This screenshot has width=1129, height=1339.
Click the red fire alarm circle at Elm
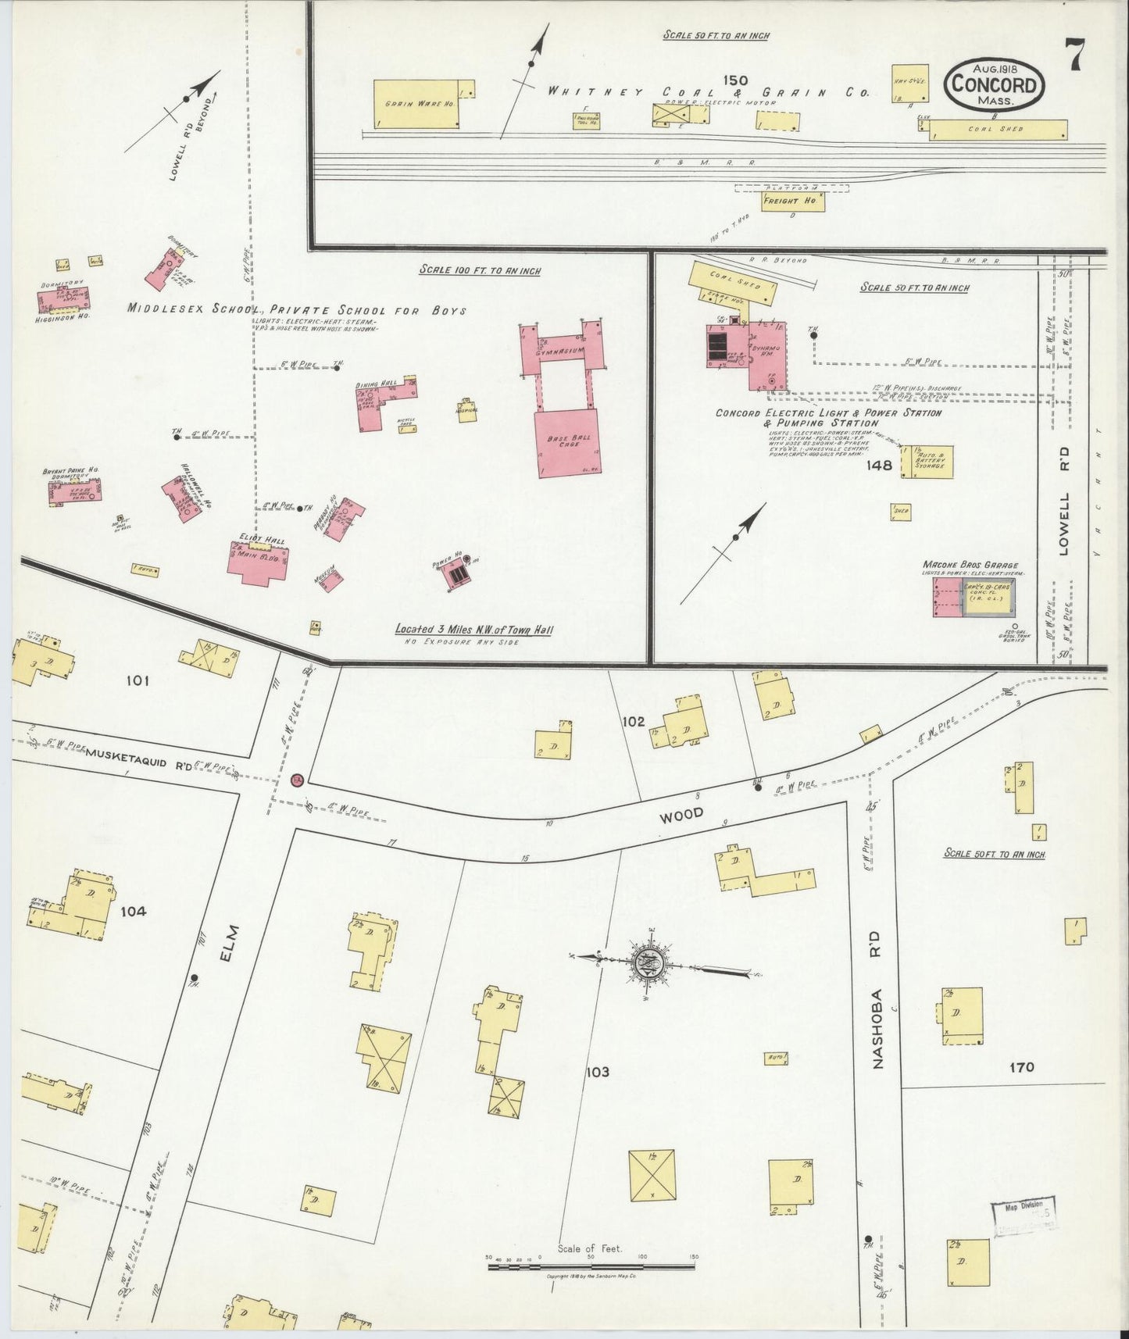(x=297, y=780)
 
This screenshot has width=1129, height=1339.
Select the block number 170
(x=1020, y=1066)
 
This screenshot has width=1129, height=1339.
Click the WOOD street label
(x=681, y=814)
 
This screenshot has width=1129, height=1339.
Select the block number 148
(x=880, y=465)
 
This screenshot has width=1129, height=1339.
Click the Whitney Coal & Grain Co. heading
(x=708, y=92)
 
